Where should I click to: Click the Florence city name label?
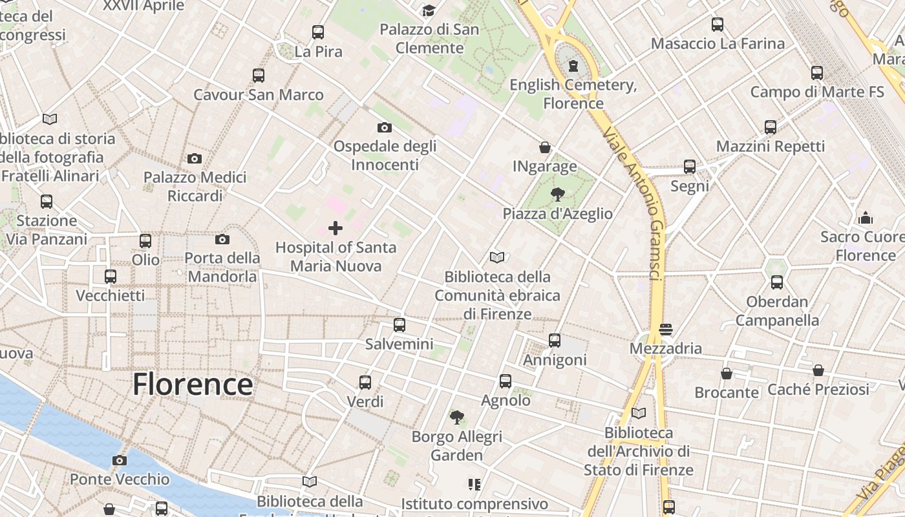(x=193, y=385)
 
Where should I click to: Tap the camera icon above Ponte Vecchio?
(x=119, y=460)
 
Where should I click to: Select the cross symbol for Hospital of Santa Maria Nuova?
(x=335, y=227)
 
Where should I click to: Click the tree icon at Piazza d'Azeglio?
(x=557, y=194)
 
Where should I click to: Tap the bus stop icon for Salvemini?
(x=399, y=325)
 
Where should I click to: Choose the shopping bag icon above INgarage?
(x=545, y=147)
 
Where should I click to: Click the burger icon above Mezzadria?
(x=666, y=330)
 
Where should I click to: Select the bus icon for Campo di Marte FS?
(x=817, y=73)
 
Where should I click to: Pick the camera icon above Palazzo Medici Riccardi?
(x=194, y=158)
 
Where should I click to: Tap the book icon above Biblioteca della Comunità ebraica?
(x=497, y=258)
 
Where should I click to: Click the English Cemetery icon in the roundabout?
(x=573, y=65)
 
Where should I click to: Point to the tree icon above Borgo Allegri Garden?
(x=457, y=417)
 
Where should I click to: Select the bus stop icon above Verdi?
(x=365, y=383)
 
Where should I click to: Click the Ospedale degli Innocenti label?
(x=385, y=155)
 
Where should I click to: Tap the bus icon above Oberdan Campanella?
(x=777, y=282)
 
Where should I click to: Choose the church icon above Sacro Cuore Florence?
(x=866, y=218)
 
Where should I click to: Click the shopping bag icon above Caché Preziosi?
(x=818, y=370)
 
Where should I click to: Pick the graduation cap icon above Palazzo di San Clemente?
(x=429, y=10)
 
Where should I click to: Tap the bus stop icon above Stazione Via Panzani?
(x=47, y=202)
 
